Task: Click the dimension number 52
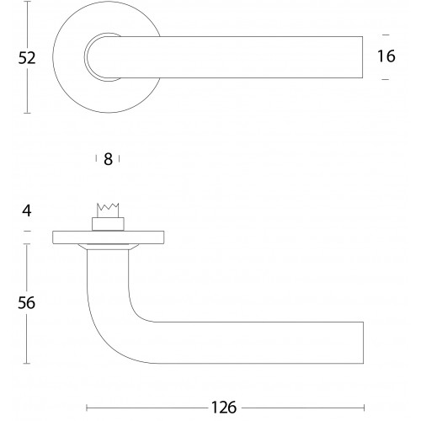click(27, 58)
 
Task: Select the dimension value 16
click(386, 56)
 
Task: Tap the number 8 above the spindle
click(108, 159)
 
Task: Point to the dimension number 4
click(27, 210)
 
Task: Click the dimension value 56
click(27, 303)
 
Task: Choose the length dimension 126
click(224, 408)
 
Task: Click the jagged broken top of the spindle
click(108, 207)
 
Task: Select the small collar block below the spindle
click(108, 224)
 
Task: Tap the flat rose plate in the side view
click(109, 237)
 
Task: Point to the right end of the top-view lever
click(363, 57)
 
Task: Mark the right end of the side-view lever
click(364, 343)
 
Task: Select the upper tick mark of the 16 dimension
click(386, 35)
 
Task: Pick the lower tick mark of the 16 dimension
click(386, 79)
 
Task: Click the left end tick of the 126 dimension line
click(87, 408)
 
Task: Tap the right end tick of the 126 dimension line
click(364, 408)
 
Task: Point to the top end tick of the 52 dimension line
click(27, 2)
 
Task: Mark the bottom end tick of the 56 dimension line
click(27, 364)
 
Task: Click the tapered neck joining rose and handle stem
click(109, 247)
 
